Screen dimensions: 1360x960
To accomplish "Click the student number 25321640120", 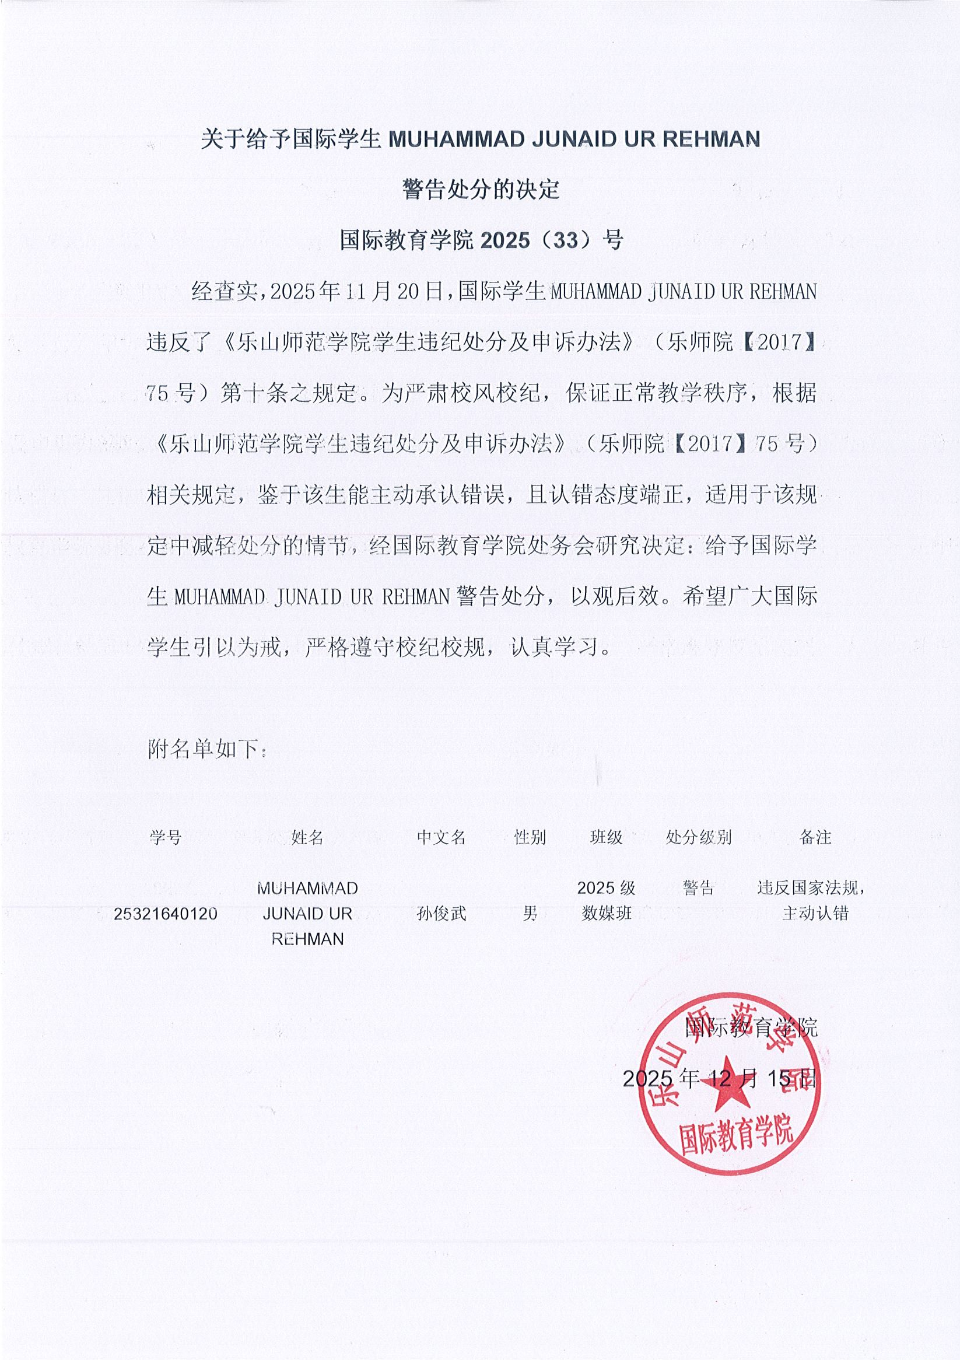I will (x=165, y=914).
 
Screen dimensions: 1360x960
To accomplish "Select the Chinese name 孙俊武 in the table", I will (x=441, y=914).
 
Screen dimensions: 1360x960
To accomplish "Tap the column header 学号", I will (x=165, y=837).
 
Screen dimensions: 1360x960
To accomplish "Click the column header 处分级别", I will (x=698, y=837).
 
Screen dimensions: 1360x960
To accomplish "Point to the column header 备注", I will (x=815, y=837).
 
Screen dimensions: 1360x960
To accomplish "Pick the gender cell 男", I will (x=530, y=914).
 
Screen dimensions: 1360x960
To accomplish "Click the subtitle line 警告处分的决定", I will (x=481, y=190).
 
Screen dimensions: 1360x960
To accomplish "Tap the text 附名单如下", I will (x=206, y=749).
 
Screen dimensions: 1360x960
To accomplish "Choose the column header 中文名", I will (x=441, y=837).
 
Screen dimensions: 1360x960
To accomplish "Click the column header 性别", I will (x=530, y=837).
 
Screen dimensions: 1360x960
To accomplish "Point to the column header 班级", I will (x=606, y=837).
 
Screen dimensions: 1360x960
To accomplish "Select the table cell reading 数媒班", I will (x=606, y=914).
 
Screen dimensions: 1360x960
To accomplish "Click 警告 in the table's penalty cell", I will (x=698, y=887).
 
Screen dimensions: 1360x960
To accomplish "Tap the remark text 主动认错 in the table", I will (x=815, y=914).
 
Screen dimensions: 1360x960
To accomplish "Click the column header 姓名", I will (x=307, y=837).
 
